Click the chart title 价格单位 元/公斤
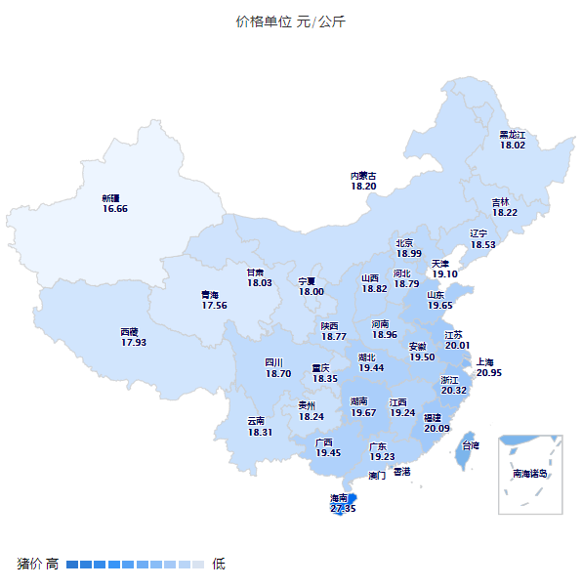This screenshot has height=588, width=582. [x=290, y=21]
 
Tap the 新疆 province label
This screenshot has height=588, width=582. [x=111, y=198]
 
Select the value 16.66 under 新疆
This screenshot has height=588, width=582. [x=114, y=208]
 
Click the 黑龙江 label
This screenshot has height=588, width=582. [x=513, y=135]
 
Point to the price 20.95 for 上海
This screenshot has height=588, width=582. [x=489, y=372]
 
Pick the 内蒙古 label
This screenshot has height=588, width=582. [x=363, y=176]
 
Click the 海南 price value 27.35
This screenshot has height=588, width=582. [x=343, y=508]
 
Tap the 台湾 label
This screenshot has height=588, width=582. [x=471, y=445]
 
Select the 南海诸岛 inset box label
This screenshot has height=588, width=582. [x=530, y=474]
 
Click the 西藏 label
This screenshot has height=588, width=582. [x=130, y=332]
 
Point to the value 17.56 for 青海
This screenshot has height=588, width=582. [x=214, y=305]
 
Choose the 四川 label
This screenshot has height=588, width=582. [x=274, y=362]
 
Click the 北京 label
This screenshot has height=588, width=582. [x=404, y=243]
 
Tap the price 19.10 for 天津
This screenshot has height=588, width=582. [x=444, y=274]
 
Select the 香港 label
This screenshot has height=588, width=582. [x=402, y=472]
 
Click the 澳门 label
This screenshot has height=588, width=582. [x=377, y=477]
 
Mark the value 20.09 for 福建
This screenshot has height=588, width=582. [x=436, y=427]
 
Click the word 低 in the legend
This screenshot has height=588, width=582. [x=219, y=564]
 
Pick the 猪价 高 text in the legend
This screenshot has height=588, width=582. [x=38, y=564]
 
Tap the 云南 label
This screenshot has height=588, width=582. [x=256, y=421]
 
